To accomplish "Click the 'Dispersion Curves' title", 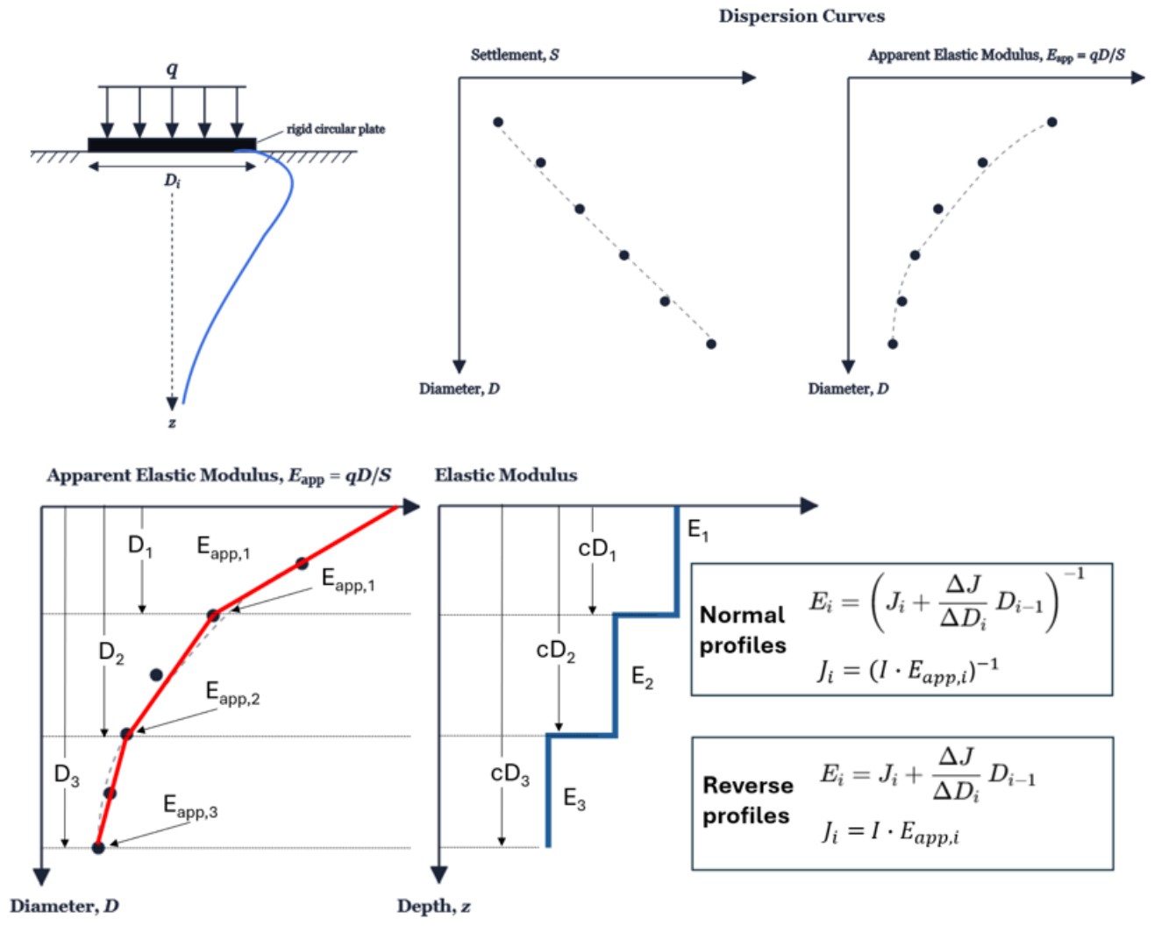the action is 801,16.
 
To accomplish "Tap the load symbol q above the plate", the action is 172,68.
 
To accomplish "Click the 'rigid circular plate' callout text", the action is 336,129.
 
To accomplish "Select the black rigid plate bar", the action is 172,145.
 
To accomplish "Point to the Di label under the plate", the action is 172,181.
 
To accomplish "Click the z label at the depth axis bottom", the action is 172,423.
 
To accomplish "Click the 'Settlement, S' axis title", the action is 515,54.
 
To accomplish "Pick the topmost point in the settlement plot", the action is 498,122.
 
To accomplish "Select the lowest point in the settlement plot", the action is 711,345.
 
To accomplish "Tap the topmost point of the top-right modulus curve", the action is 1052,122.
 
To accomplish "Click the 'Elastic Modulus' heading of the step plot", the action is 506,475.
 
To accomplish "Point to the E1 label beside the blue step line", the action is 698,531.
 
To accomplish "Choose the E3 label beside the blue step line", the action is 574,799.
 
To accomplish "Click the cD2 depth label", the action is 556,652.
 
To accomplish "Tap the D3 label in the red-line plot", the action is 67,775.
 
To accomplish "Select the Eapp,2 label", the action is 232,694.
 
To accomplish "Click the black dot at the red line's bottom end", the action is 98,848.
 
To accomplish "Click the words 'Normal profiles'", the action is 743,630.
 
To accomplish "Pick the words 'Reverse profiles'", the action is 748,801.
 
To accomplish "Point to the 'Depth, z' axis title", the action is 434,906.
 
